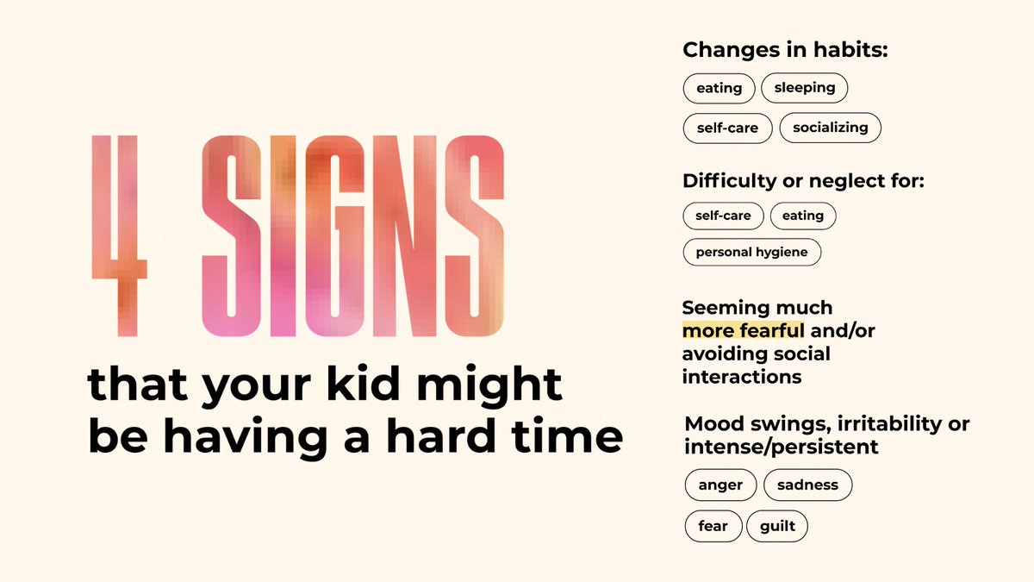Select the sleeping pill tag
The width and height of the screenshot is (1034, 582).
click(x=805, y=87)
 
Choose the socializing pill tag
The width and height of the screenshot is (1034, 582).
click(x=831, y=128)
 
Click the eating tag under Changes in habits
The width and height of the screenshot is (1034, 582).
click(x=719, y=88)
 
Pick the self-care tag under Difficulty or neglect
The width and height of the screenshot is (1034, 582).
click(x=723, y=216)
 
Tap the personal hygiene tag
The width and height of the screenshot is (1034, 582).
click(x=751, y=253)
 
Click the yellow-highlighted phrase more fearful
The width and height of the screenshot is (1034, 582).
click(x=744, y=331)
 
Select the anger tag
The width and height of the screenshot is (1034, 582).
click(x=720, y=485)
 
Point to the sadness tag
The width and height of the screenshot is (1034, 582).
click(x=807, y=485)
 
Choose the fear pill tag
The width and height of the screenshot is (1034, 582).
click(x=713, y=526)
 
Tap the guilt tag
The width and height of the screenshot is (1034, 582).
click(x=777, y=526)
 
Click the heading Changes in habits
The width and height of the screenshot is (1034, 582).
click(x=785, y=50)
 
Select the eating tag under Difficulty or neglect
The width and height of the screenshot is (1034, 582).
click(x=803, y=216)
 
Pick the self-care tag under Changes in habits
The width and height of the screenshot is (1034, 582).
click(x=727, y=128)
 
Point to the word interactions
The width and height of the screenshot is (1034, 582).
click(x=742, y=377)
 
